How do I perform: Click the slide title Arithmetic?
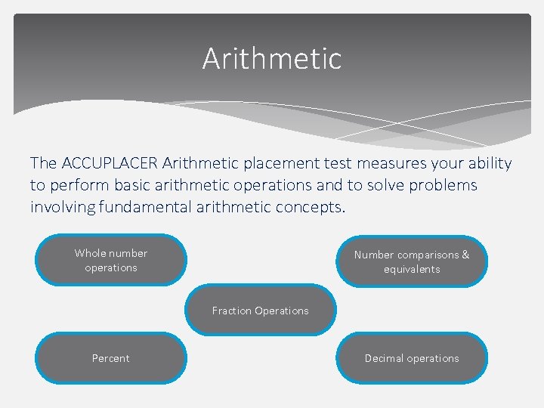point(272,59)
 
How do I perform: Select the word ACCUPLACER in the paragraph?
point(109,163)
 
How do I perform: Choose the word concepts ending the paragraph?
point(313,207)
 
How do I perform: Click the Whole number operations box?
point(111,261)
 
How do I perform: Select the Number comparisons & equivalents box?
point(412,262)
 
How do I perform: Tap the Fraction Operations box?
point(261,311)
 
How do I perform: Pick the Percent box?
point(111,358)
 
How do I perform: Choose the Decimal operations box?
point(412,358)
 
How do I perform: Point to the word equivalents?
point(412,269)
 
